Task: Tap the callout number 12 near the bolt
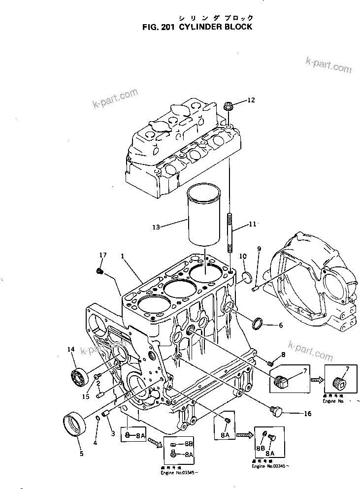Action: (x=251, y=100)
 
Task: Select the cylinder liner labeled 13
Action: (x=204, y=217)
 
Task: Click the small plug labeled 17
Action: (x=99, y=271)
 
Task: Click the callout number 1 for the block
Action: (x=122, y=256)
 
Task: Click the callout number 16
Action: (x=307, y=414)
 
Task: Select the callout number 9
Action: (x=259, y=249)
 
